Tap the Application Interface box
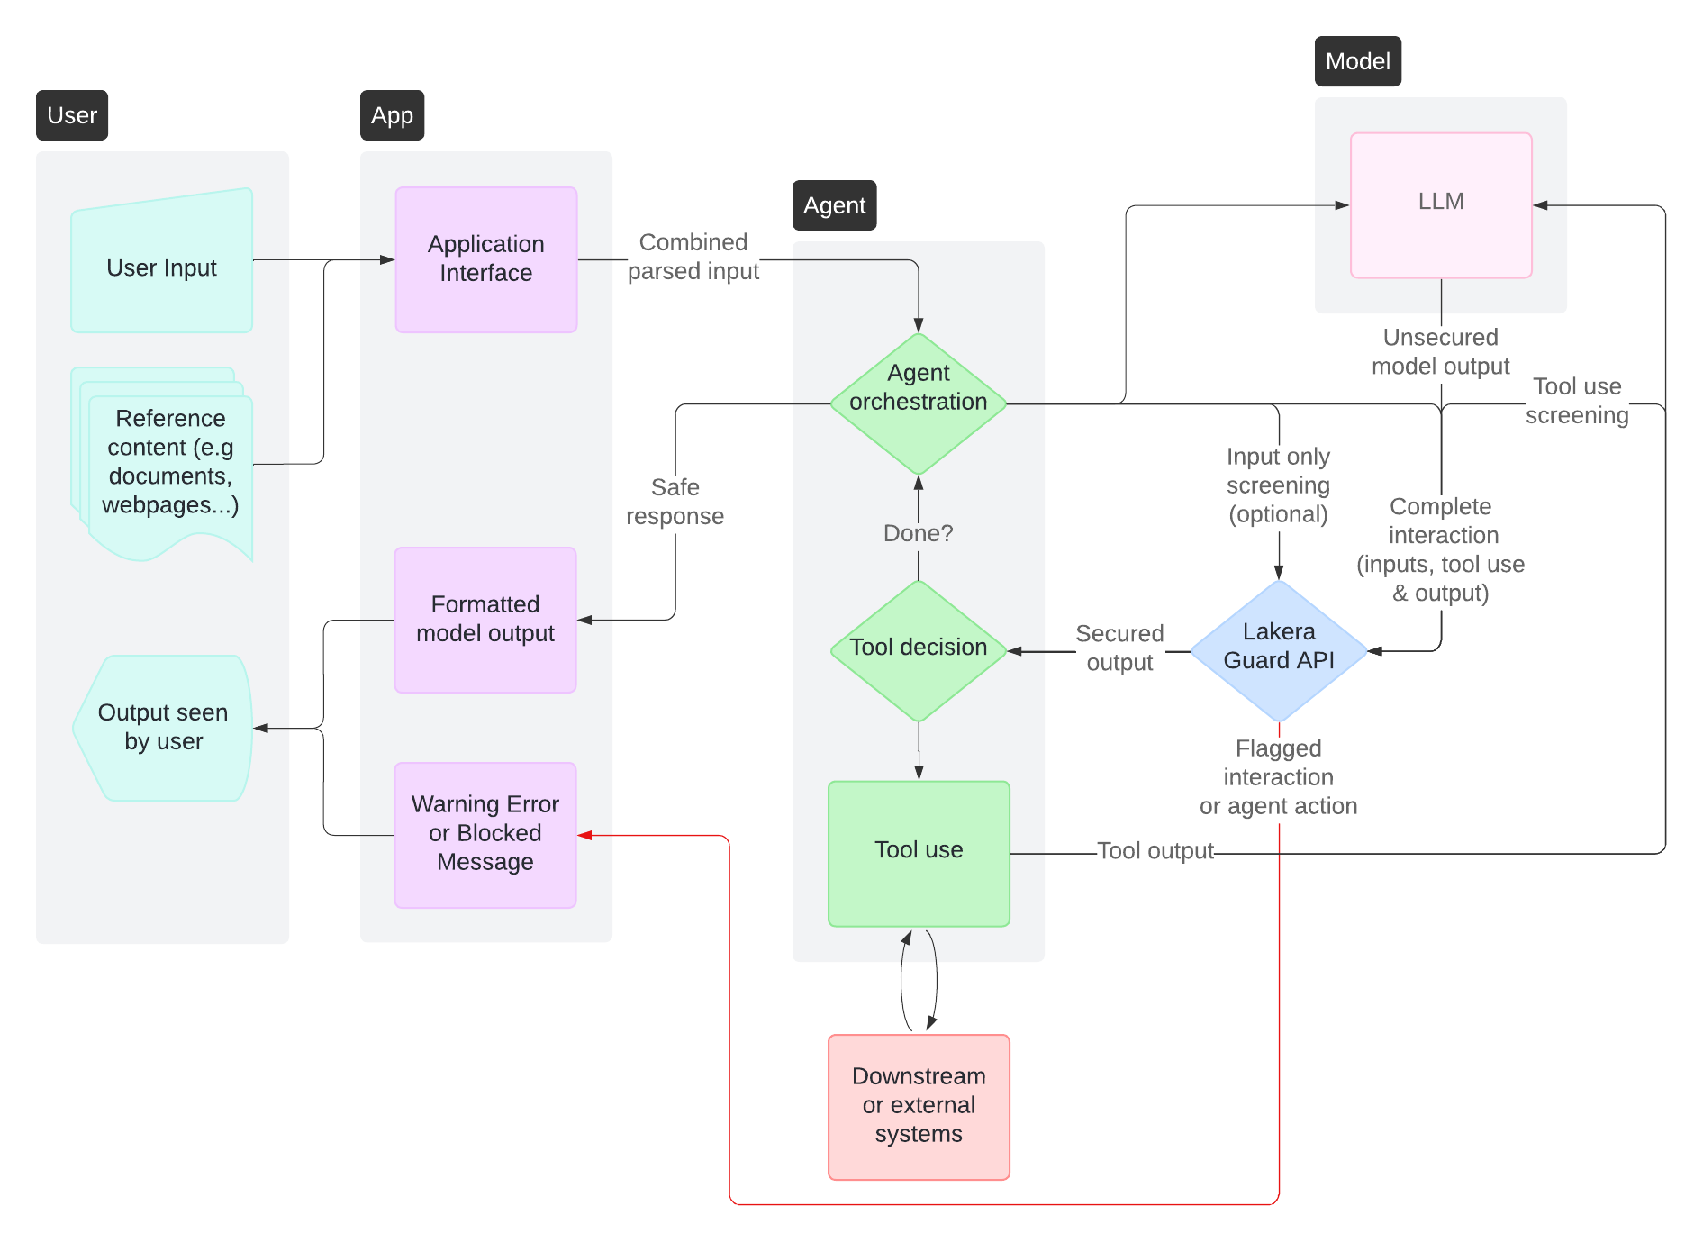pyautogui.click(x=485, y=259)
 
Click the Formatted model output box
pyautogui.click(x=485, y=620)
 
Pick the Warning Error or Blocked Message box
pyautogui.click(x=485, y=834)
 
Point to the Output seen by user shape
pyautogui.click(x=163, y=727)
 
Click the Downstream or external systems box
pyautogui.click(x=918, y=1105)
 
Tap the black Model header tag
pyautogui.click(x=1357, y=61)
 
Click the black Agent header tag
pyautogui.click(x=834, y=205)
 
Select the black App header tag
pyautogui.click(x=392, y=115)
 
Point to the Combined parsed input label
pyautogui.click(x=693, y=257)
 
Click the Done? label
pyautogui.click(x=918, y=533)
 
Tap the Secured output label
pyautogui.click(x=1119, y=648)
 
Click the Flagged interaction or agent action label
pyautogui.click(x=1278, y=776)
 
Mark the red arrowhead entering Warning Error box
pyautogui.click(x=584, y=835)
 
